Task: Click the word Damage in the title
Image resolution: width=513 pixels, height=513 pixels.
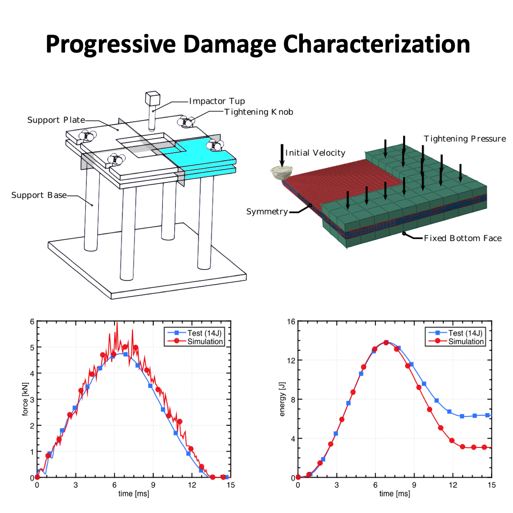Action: pyautogui.click(x=230, y=44)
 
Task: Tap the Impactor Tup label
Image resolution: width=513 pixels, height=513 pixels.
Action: pyautogui.click(x=217, y=101)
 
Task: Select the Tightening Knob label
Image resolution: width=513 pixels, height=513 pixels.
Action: pyautogui.click(x=259, y=112)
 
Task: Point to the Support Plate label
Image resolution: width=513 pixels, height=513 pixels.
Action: pyautogui.click(x=56, y=120)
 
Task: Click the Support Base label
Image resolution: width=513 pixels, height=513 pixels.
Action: pyautogui.click(x=39, y=195)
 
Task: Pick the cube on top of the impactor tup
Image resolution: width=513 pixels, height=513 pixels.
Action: pyautogui.click(x=152, y=98)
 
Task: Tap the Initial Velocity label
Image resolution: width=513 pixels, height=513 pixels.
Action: pyautogui.click(x=315, y=153)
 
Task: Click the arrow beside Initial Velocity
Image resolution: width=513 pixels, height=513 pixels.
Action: pyautogui.click(x=282, y=155)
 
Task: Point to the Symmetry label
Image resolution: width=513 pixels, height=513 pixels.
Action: pyautogui.click(x=267, y=212)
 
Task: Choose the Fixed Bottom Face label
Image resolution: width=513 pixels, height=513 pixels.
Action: pyautogui.click(x=463, y=238)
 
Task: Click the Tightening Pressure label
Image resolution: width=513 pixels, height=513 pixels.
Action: pyautogui.click(x=465, y=139)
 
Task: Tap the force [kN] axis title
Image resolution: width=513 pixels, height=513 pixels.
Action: pyautogui.click(x=25, y=399)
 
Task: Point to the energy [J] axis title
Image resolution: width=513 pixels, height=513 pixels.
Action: pyautogui.click(x=282, y=399)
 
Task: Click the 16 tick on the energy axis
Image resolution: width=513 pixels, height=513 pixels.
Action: pyautogui.click(x=291, y=322)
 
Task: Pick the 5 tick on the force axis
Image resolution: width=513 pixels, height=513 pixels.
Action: pyautogui.click(x=32, y=347)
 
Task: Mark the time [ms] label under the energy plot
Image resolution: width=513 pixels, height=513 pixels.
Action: pyautogui.click(x=394, y=494)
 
